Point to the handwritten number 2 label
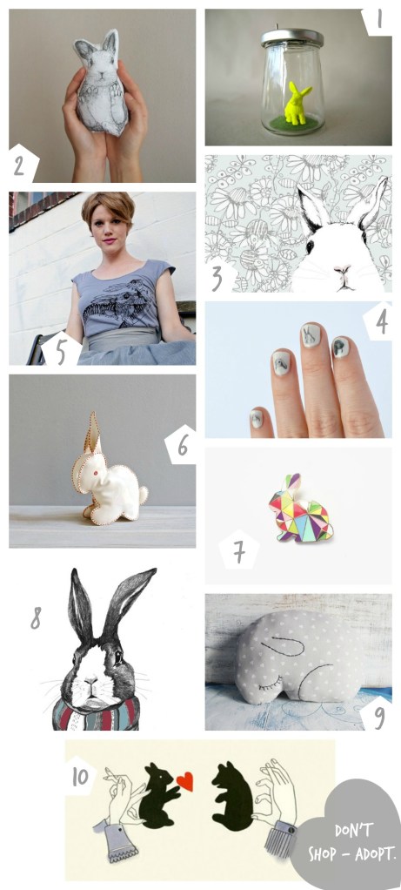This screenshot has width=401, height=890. (19, 163)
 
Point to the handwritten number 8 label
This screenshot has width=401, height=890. (36, 617)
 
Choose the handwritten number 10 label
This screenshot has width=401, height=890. (79, 774)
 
